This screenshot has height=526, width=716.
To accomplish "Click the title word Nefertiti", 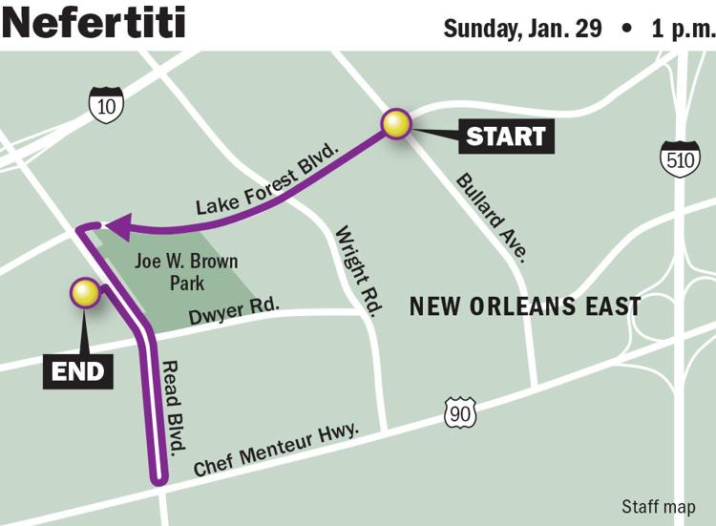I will (95, 23).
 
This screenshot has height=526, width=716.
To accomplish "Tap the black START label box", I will (506, 136).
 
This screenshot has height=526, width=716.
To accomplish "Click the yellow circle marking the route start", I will (395, 124).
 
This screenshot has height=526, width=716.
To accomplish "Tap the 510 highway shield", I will (680, 158).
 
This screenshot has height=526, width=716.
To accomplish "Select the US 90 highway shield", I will (459, 411).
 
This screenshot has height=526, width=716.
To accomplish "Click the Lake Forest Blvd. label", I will (268, 179).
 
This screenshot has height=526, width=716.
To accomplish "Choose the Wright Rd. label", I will (358, 272).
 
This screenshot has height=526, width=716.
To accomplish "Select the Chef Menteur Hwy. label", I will (276, 452).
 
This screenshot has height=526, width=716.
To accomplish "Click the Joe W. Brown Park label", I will (186, 271).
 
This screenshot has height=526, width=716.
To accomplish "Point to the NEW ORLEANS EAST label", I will (524, 306).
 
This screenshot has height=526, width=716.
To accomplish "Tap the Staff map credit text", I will (658, 506).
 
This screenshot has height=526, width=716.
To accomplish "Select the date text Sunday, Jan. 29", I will (523, 27).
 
